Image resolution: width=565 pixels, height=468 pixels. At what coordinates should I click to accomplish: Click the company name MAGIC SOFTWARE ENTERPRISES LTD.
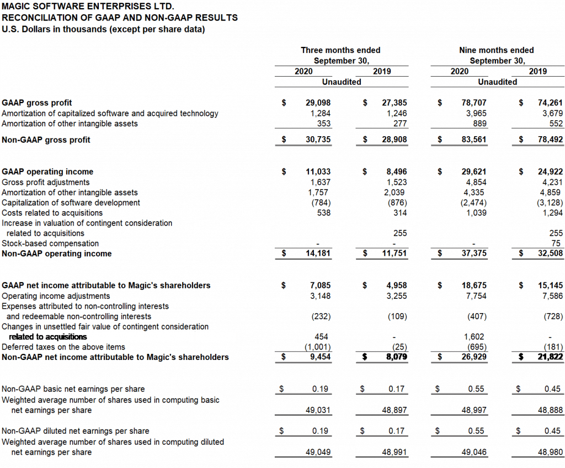[88, 7]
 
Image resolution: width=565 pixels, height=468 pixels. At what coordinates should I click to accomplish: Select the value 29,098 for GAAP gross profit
[318, 103]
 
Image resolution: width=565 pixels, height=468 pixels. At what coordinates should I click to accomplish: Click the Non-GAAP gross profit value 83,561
[474, 140]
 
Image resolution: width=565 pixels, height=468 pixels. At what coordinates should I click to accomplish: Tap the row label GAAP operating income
[48, 172]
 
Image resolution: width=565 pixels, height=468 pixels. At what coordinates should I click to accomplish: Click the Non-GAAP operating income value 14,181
[318, 254]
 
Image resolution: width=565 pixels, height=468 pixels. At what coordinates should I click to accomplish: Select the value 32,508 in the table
[550, 254]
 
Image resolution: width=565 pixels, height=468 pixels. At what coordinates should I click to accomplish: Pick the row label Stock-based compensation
[50, 244]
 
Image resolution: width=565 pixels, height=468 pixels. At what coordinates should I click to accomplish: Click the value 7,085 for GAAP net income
[321, 286]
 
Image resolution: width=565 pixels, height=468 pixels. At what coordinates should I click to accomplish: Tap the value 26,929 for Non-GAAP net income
[474, 357]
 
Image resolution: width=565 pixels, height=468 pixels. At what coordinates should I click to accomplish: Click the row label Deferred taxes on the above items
[63, 347]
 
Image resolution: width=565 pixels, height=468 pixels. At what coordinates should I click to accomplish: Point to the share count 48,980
[550, 453]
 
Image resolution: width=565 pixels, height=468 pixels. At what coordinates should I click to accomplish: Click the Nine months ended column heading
[497, 50]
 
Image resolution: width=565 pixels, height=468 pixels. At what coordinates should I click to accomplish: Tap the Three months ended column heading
[340, 50]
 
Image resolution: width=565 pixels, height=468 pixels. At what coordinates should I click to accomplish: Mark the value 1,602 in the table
[476, 337]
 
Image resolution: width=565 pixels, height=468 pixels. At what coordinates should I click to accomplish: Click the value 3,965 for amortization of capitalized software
[476, 114]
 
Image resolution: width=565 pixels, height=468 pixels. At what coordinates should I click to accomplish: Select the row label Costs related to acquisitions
[52, 213]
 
